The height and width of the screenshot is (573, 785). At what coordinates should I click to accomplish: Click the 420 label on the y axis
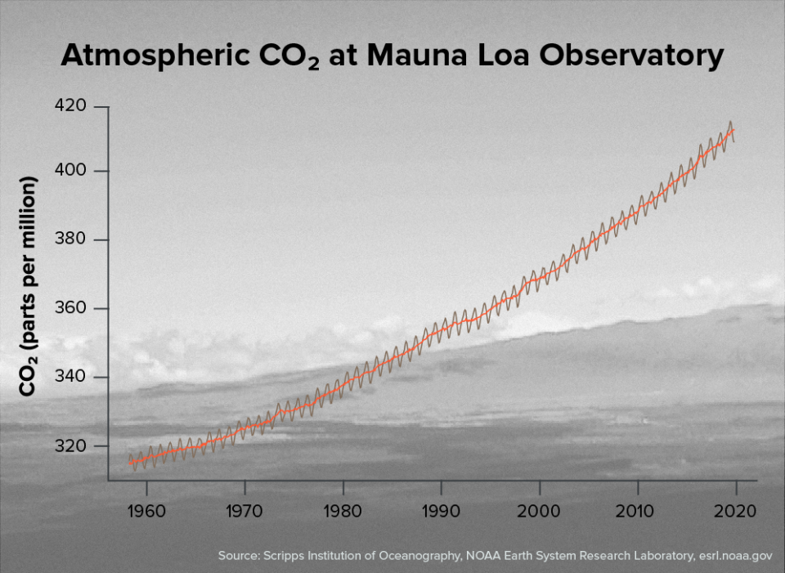[x=70, y=107]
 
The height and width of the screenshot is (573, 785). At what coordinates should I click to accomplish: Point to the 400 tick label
[x=70, y=171]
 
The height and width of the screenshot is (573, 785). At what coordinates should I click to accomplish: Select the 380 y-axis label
[x=70, y=240]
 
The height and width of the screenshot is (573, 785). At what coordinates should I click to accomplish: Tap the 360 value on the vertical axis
[x=70, y=309]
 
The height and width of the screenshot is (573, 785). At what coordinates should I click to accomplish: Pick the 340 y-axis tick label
[x=70, y=378]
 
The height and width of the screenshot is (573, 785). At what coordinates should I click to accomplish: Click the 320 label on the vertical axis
[x=70, y=446]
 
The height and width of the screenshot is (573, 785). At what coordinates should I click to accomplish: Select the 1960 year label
[x=147, y=510]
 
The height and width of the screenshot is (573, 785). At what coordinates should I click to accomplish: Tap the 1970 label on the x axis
[x=244, y=510]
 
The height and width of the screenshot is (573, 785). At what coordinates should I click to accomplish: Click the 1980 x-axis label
[x=343, y=510]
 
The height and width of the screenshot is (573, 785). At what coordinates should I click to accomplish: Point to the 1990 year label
[x=442, y=510]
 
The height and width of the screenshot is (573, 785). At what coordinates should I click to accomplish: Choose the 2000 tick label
[x=540, y=510]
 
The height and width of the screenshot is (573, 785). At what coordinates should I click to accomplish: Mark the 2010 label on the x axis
[x=638, y=510]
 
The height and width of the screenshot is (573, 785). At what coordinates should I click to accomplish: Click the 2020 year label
[x=736, y=510]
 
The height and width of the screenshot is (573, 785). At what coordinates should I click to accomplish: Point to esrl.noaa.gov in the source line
[x=734, y=555]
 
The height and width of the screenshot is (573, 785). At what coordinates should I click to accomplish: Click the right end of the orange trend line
[x=733, y=129]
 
